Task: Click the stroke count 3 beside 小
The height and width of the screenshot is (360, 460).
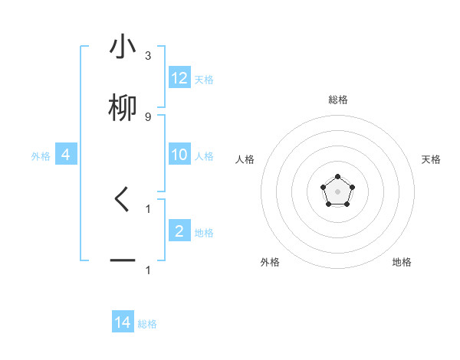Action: (148, 56)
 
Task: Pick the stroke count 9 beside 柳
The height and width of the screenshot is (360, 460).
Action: (148, 116)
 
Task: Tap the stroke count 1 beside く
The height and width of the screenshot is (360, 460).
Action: (148, 208)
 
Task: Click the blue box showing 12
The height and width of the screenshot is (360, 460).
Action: (179, 78)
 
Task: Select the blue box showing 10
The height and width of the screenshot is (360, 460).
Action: (179, 155)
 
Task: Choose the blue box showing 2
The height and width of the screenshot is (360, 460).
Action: (179, 231)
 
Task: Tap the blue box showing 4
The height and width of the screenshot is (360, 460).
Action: (66, 155)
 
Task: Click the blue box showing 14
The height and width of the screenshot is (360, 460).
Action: (123, 322)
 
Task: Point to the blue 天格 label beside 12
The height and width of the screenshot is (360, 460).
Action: (204, 80)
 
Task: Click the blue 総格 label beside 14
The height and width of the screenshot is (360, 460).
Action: (147, 324)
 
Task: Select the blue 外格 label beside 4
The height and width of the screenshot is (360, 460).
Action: (41, 156)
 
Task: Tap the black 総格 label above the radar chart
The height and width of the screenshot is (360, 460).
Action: (337, 100)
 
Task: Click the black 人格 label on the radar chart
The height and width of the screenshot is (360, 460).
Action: (245, 159)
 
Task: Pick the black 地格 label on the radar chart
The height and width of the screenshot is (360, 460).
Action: (402, 262)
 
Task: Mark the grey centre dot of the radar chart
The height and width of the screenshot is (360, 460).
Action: (337, 191)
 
